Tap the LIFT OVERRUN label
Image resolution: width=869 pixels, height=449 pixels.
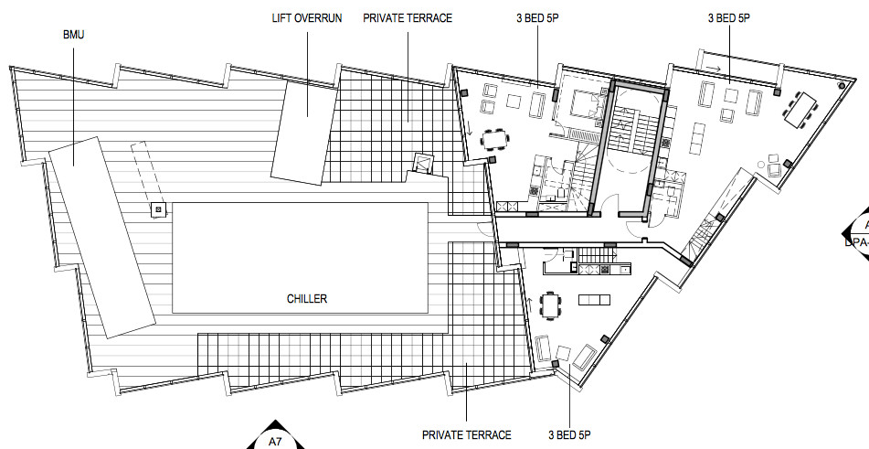click(x=307, y=18)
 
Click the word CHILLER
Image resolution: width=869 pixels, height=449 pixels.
click(x=306, y=299)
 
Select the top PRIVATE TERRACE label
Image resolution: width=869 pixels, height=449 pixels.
click(x=408, y=18)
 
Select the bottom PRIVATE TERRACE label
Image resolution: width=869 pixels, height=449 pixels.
click(x=466, y=434)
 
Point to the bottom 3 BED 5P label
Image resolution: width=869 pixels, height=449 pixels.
click(x=570, y=434)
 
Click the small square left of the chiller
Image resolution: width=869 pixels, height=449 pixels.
click(x=158, y=210)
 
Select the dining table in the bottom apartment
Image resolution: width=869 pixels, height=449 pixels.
click(x=550, y=305)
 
